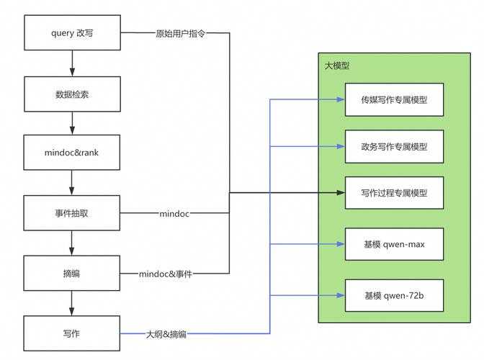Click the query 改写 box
pyautogui.click(x=72, y=33)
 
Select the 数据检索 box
pyautogui.click(x=72, y=94)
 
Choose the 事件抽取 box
pyautogui.click(x=72, y=214)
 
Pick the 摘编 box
pyautogui.click(x=72, y=274)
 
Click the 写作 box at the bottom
pyautogui.click(x=72, y=333)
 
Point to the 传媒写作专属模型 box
pyautogui.click(x=394, y=99)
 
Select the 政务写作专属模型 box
pyautogui.click(x=394, y=146)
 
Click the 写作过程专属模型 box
pyautogui.click(x=394, y=192)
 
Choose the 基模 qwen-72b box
pyautogui.click(x=394, y=295)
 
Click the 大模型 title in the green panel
pyautogui.click(x=337, y=66)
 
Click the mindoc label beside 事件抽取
pyautogui.click(x=174, y=214)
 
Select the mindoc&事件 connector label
pyautogui.click(x=166, y=274)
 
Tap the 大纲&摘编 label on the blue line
pyautogui.click(x=166, y=333)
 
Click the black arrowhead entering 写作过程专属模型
pyautogui.click(x=340, y=192)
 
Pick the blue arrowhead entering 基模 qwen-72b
pyautogui.click(x=340, y=295)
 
